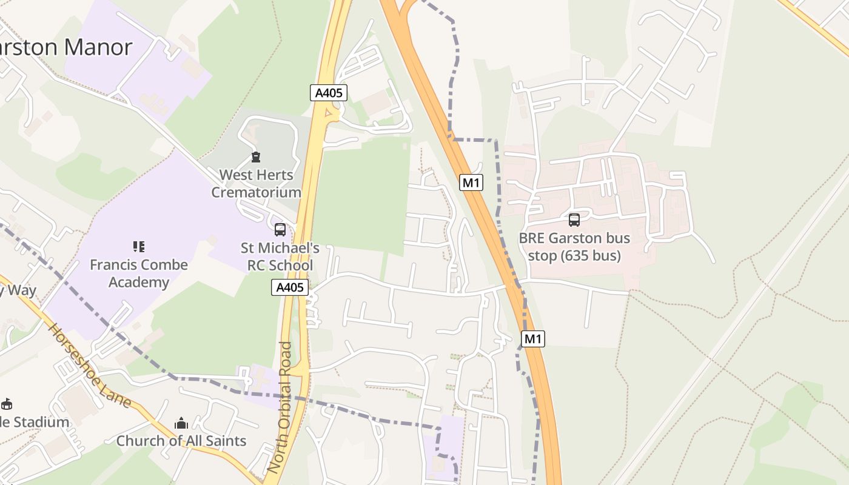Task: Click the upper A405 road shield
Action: point(329,93)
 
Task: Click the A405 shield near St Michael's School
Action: point(289,287)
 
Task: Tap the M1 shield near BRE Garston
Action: point(471,182)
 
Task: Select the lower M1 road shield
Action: point(532,339)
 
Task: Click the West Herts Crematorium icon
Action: point(256,158)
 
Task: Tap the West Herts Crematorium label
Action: point(256,184)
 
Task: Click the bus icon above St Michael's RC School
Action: point(280,230)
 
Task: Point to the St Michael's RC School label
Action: point(280,256)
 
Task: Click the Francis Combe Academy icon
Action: point(139,247)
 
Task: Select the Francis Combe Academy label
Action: point(139,273)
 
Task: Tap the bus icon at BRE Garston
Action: point(574,220)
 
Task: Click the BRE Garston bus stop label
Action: point(574,247)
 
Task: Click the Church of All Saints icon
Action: point(181,423)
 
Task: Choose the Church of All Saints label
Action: point(181,441)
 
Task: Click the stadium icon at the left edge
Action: point(7,404)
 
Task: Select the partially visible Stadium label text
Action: point(34,422)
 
